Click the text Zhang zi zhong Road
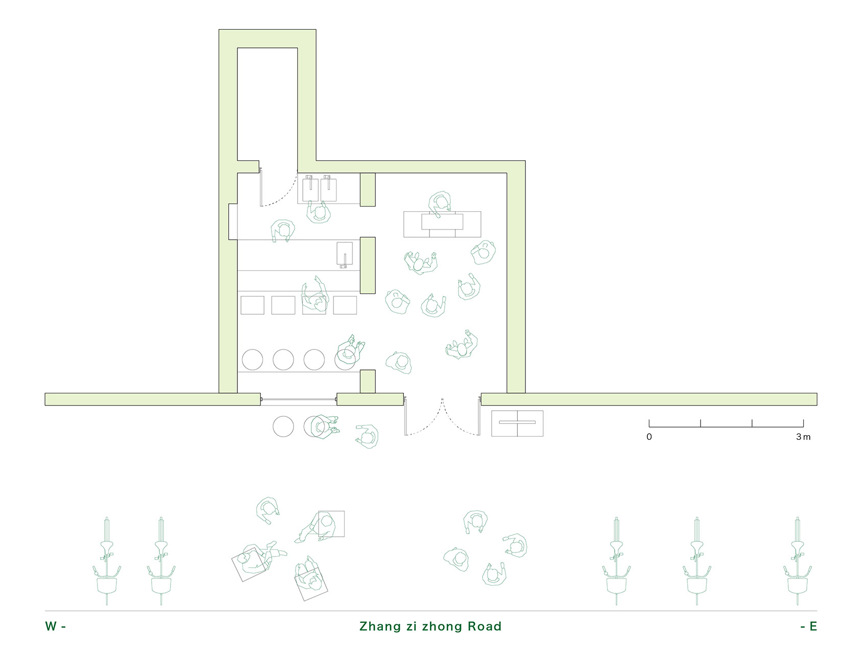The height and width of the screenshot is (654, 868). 430,626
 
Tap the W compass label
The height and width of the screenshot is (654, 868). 51,626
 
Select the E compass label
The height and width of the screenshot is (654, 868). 812,626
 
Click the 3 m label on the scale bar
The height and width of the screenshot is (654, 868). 803,437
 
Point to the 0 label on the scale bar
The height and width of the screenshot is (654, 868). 649,437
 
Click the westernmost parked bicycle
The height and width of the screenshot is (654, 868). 107,561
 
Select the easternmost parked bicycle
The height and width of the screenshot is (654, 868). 797,561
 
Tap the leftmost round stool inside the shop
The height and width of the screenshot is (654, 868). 252,360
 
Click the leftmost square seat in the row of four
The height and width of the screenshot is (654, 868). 252,305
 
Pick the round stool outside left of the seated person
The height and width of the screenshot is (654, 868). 283,426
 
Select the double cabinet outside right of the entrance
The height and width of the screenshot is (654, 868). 517,423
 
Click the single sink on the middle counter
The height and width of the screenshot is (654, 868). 345,254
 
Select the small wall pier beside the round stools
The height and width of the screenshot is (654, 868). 368,381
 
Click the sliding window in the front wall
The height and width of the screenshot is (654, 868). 299,399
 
